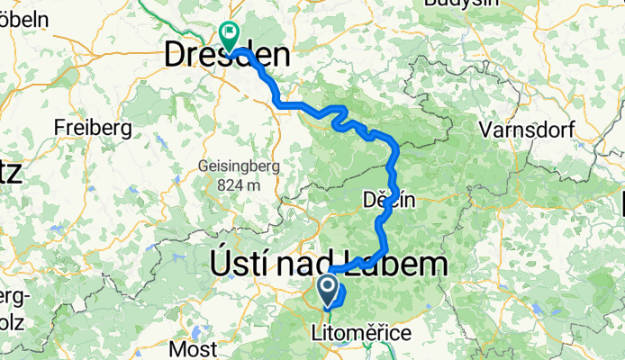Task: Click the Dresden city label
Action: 227,57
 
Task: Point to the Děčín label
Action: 389,201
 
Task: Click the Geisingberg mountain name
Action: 239,166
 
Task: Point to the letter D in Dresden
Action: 177,57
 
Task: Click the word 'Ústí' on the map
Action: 236,264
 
